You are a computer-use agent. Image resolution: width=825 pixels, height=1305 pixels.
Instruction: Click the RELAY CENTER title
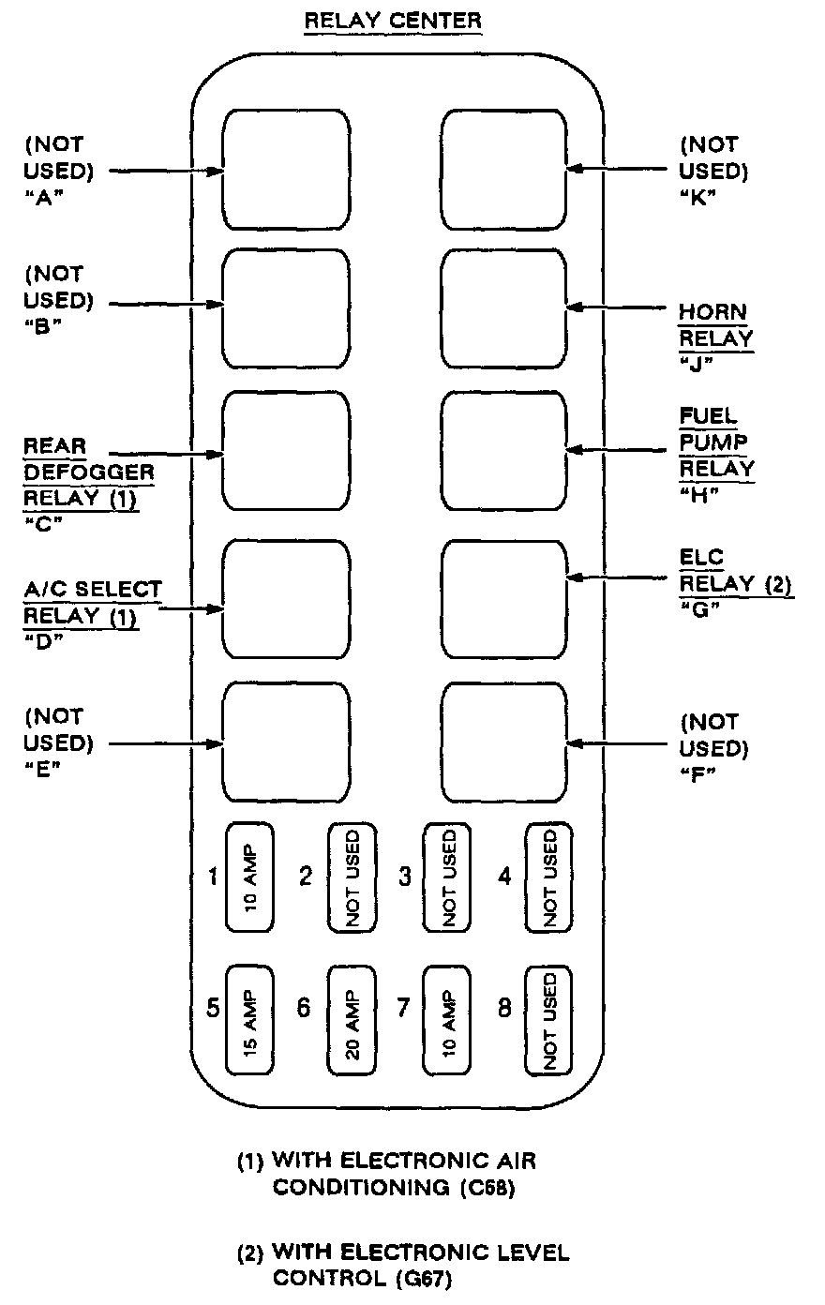(x=392, y=20)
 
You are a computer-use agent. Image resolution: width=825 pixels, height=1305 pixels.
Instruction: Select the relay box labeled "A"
(x=285, y=170)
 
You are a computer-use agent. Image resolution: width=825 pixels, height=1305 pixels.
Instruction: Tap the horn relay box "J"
(x=504, y=307)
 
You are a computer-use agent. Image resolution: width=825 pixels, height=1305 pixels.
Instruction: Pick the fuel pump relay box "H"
(x=504, y=451)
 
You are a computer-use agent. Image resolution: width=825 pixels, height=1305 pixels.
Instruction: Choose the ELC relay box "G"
(x=504, y=599)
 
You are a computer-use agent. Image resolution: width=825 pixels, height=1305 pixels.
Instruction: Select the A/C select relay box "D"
(x=285, y=601)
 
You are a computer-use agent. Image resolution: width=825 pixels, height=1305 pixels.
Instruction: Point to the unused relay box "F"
(x=504, y=743)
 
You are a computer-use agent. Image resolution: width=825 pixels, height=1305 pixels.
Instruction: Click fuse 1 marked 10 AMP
(x=249, y=877)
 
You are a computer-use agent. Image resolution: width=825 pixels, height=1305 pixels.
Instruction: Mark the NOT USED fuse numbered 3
(x=447, y=877)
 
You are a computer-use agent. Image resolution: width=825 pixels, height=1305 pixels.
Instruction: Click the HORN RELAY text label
(x=716, y=324)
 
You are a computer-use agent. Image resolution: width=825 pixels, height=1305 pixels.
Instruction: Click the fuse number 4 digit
(x=505, y=877)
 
